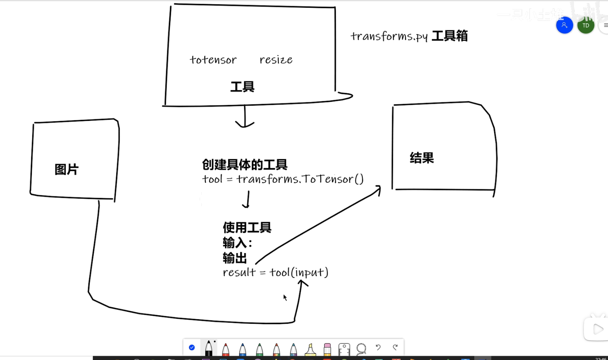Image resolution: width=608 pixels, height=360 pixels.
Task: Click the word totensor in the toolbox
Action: point(213,60)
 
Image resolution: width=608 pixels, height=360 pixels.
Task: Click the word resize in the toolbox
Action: point(276,60)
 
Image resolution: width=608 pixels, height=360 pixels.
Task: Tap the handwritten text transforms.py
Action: point(389,37)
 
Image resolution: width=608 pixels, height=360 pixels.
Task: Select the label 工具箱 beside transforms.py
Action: point(450,36)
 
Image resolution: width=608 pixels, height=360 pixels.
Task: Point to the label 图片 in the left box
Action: point(66,170)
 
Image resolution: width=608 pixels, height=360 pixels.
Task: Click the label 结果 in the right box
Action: point(422,158)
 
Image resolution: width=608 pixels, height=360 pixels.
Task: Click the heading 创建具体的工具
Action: point(245,164)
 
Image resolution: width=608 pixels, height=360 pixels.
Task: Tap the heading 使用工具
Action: point(247,227)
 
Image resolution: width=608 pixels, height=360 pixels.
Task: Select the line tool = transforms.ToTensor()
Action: point(283,179)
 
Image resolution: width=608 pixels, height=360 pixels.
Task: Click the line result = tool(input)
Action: point(276,272)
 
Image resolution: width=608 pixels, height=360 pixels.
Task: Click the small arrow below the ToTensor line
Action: point(247,199)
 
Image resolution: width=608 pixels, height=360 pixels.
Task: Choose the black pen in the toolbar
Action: point(209,348)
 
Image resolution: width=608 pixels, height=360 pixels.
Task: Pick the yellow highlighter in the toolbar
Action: point(310,349)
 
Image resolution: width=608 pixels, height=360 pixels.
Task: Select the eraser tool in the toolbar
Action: point(327,349)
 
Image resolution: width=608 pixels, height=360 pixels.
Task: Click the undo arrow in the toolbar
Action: point(378,347)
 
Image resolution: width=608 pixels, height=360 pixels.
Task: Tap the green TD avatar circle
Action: point(585,26)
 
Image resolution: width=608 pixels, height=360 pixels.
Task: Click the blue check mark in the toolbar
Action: point(192,347)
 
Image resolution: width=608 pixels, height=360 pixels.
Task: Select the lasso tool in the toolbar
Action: point(361,348)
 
